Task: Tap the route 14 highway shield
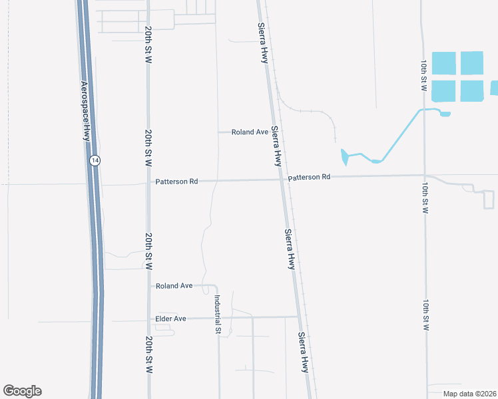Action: click(96, 160)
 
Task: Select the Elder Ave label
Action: click(170, 319)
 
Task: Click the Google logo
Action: click(22, 391)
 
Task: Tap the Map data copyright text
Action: click(469, 394)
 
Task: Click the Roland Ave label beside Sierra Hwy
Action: click(250, 132)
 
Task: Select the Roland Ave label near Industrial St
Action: click(174, 286)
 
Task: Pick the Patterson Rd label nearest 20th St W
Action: click(176, 181)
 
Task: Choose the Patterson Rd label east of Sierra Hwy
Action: click(310, 178)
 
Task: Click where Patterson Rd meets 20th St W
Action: click(148, 181)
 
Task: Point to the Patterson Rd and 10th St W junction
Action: click(424, 176)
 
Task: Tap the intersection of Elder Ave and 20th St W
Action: click(148, 319)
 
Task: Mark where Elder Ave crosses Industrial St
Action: click(218, 318)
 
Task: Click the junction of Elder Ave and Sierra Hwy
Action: click(300, 317)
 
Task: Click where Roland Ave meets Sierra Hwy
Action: click(273, 132)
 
